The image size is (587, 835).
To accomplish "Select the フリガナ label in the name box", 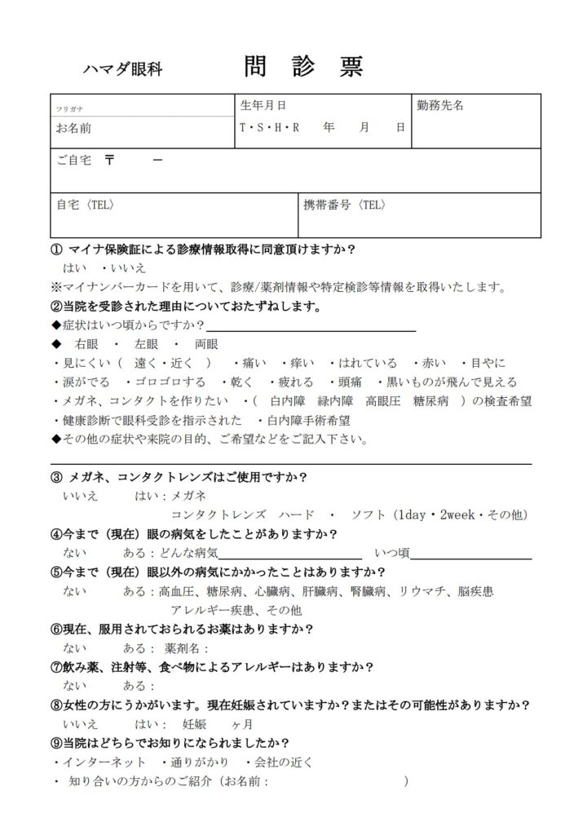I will click(x=69, y=108).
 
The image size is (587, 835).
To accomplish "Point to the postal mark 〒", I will click(x=109, y=161).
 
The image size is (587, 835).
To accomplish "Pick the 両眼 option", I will click(x=206, y=344).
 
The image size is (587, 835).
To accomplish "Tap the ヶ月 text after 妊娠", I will click(x=242, y=723).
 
